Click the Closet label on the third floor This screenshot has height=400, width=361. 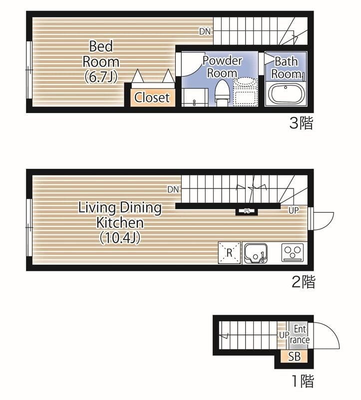[152, 97]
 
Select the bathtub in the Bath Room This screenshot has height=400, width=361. [286, 94]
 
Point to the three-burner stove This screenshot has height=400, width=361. [293, 252]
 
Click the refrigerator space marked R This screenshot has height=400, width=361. [229, 252]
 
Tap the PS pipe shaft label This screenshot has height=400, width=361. [247, 211]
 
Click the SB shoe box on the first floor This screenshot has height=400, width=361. [294, 356]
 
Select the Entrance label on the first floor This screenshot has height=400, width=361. [300, 334]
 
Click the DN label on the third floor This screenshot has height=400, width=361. [205, 31]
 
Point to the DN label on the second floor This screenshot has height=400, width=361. [173, 189]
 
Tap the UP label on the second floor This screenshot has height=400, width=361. [294, 210]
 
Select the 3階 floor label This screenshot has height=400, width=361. [301, 123]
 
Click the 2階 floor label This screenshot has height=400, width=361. [303, 282]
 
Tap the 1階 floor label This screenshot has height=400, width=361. [303, 381]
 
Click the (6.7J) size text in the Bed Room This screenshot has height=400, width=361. [101, 76]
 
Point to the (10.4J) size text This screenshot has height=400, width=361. [120, 238]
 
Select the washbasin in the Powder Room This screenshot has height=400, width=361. [245, 81]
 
